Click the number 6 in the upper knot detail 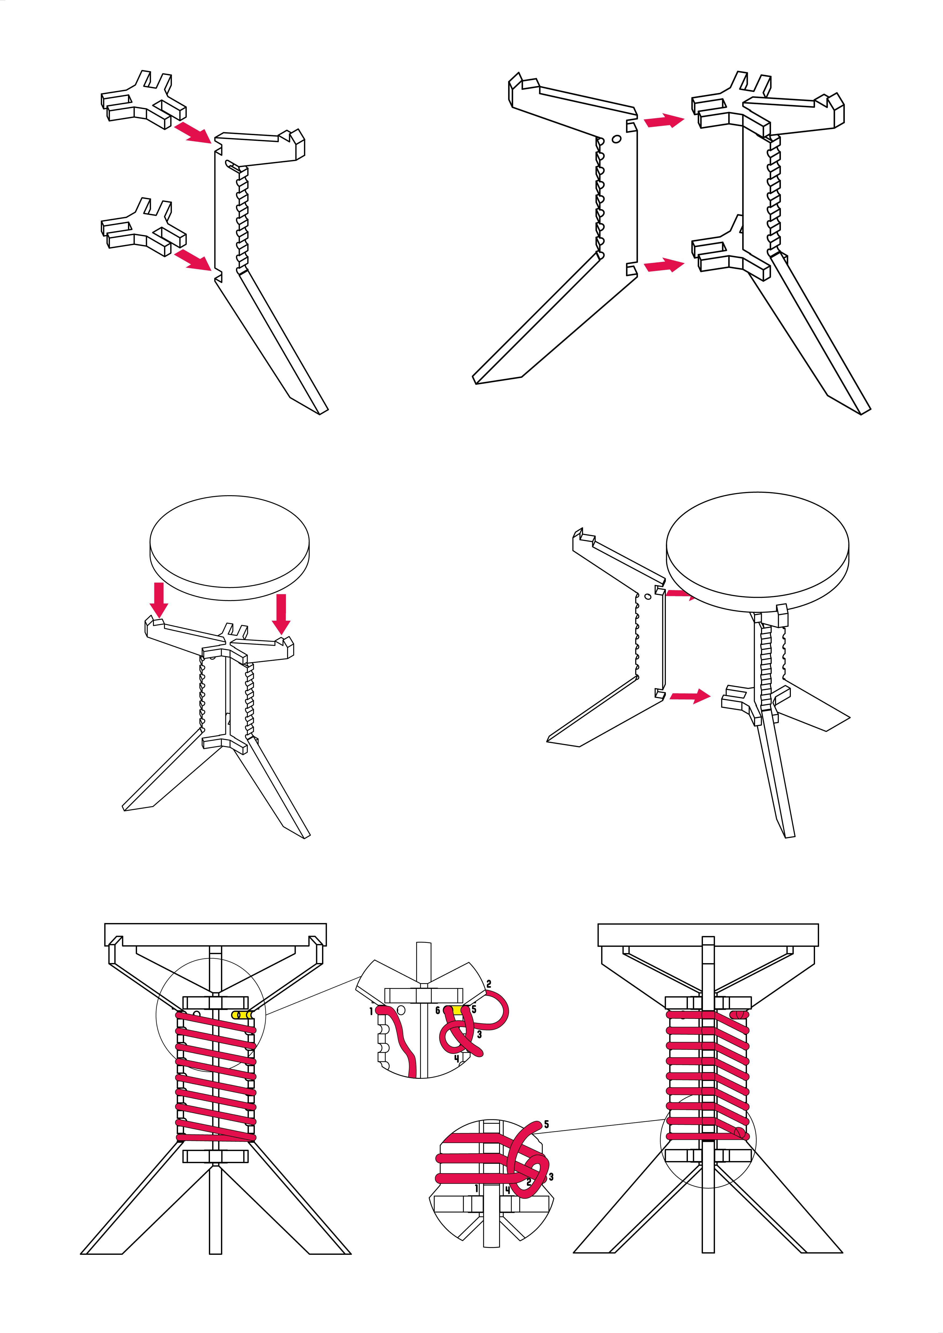(x=438, y=1011)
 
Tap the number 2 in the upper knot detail (x=489, y=983)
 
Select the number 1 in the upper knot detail (x=371, y=1011)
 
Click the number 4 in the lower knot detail (x=508, y=1190)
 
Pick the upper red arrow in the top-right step (x=664, y=121)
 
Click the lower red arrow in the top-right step (x=664, y=266)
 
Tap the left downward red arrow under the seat (x=159, y=600)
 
